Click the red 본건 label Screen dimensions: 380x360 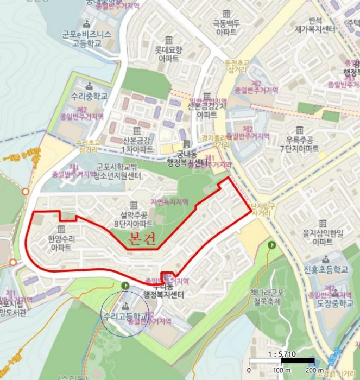[x=142, y=239]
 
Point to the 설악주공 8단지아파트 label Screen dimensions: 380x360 [x=133, y=219]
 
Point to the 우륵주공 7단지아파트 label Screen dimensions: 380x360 [x=296, y=145]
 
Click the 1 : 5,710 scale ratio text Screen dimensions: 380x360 [x=282, y=353]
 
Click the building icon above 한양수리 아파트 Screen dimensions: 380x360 [x=60, y=228]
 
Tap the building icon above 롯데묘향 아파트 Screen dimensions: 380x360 [x=169, y=40]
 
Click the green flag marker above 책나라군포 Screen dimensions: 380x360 [x=271, y=245]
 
